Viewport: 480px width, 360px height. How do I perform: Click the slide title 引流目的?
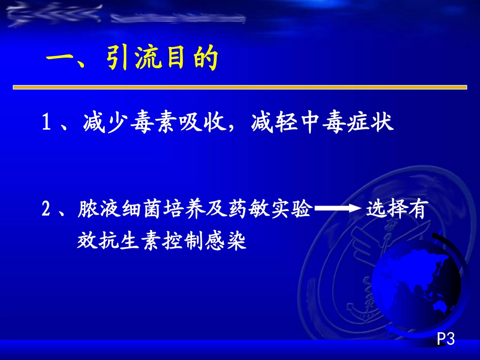pyautogui.click(x=162, y=60)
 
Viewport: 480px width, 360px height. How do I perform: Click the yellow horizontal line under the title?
pyautogui.click(x=239, y=87)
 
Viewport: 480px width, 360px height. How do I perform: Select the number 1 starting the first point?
pyautogui.click(x=46, y=124)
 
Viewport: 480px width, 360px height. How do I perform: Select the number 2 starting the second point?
pyautogui.click(x=46, y=209)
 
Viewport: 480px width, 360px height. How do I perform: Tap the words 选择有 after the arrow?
pyautogui.click(x=397, y=209)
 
